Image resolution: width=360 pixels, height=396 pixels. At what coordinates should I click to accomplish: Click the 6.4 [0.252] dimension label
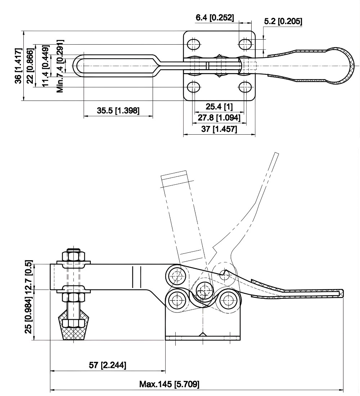(x=215, y=17)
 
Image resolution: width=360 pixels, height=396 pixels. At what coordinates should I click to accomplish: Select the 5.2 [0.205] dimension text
(x=283, y=22)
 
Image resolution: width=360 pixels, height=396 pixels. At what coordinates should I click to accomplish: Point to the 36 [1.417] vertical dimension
(x=19, y=65)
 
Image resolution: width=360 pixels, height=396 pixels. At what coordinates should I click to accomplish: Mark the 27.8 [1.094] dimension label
(x=219, y=117)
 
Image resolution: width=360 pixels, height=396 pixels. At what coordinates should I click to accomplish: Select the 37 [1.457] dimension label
(x=219, y=129)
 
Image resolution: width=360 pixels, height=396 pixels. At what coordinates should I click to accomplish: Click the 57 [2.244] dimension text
(x=107, y=365)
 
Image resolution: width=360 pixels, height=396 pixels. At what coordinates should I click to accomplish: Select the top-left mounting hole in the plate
(x=194, y=44)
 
